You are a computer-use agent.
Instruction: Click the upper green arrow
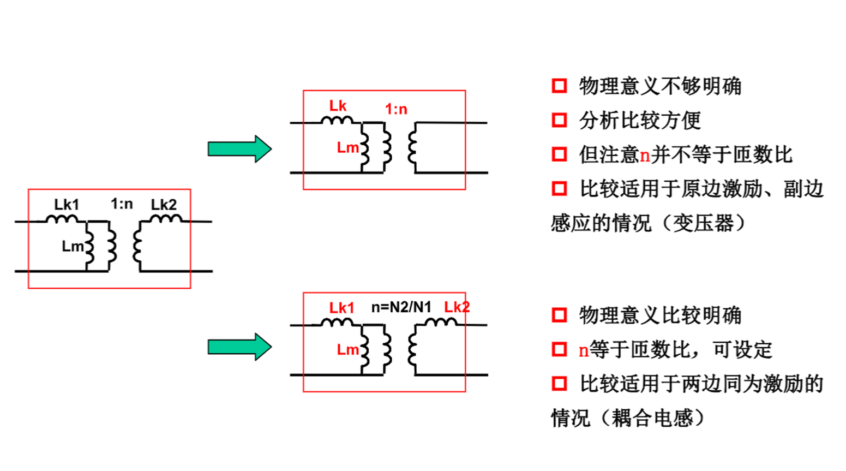[239, 148]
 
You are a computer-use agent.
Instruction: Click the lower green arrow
[239, 347]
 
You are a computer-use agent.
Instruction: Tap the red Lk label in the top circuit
[338, 106]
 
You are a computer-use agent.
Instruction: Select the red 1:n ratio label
[396, 109]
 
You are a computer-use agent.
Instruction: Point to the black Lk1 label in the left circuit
[67, 205]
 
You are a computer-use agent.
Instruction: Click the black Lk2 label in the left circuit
[164, 205]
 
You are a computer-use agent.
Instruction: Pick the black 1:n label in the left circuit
[122, 204]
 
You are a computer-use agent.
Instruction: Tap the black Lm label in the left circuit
[72, 247]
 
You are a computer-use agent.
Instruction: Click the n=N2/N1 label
[401, 307]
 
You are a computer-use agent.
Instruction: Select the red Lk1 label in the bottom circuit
[341, 308]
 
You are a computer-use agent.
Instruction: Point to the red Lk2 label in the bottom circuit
[457, 307]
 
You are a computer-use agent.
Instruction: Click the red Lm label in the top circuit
[347, 148]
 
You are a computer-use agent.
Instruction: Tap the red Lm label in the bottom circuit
[347, 350]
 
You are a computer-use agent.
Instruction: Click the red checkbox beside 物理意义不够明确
[559, 86]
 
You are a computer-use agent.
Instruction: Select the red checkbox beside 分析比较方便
[559, 120]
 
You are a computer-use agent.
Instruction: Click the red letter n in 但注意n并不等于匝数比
[645, 155]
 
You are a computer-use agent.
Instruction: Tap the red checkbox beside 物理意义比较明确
[559, 315]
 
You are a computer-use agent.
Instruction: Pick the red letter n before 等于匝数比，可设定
[584, 350]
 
